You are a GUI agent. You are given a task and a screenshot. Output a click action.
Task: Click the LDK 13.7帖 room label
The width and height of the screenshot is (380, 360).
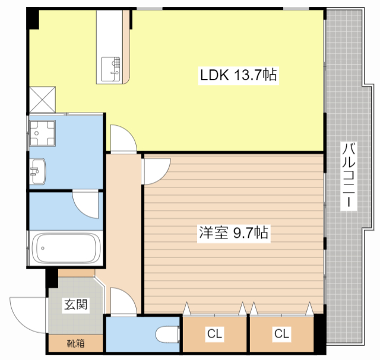point(239,75)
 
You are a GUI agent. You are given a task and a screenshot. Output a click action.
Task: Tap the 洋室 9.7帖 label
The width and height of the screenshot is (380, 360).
point(233,232)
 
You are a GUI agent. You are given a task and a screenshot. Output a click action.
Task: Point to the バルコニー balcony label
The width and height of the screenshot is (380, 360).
point(349,175)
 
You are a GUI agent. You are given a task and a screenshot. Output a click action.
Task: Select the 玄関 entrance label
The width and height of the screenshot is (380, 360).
point(75,304)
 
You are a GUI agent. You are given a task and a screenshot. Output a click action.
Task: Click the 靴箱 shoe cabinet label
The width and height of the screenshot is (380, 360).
point(75,343)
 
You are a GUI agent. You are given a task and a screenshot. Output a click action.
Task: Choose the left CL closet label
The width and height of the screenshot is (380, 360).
point(214,334)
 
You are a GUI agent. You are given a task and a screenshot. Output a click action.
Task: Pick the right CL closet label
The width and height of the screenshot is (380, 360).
point(281,334)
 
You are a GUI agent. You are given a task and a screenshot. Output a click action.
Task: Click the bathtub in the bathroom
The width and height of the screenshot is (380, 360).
point(66,248)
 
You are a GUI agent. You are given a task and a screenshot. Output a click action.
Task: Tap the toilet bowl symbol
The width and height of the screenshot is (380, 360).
point(167,334)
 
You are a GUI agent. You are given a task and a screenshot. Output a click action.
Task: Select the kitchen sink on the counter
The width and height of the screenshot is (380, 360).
point(110,69)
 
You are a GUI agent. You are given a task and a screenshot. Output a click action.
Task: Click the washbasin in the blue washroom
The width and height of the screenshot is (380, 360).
point(37,171)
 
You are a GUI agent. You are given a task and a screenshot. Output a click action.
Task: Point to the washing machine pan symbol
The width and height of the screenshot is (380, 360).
point(42,133)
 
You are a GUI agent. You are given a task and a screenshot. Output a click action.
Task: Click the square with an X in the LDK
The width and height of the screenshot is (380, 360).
point(42,100)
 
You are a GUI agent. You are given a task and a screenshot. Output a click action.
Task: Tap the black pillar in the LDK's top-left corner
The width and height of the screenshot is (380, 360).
point(33,18)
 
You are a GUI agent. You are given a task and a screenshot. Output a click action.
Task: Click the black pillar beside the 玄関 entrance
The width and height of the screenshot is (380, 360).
point(52,278)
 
